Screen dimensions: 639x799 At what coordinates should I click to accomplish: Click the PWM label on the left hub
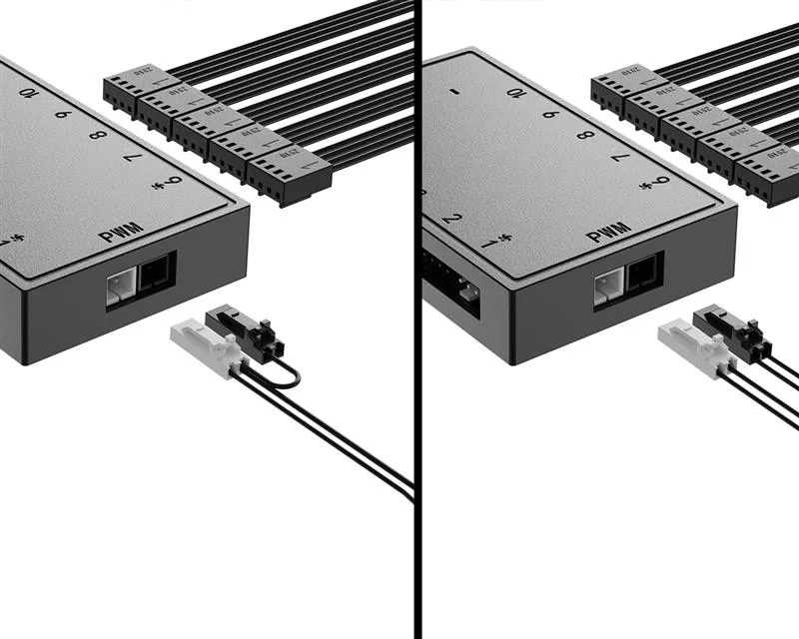(122, 232)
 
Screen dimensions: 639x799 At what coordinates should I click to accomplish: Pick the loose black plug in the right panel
(730, 330)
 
